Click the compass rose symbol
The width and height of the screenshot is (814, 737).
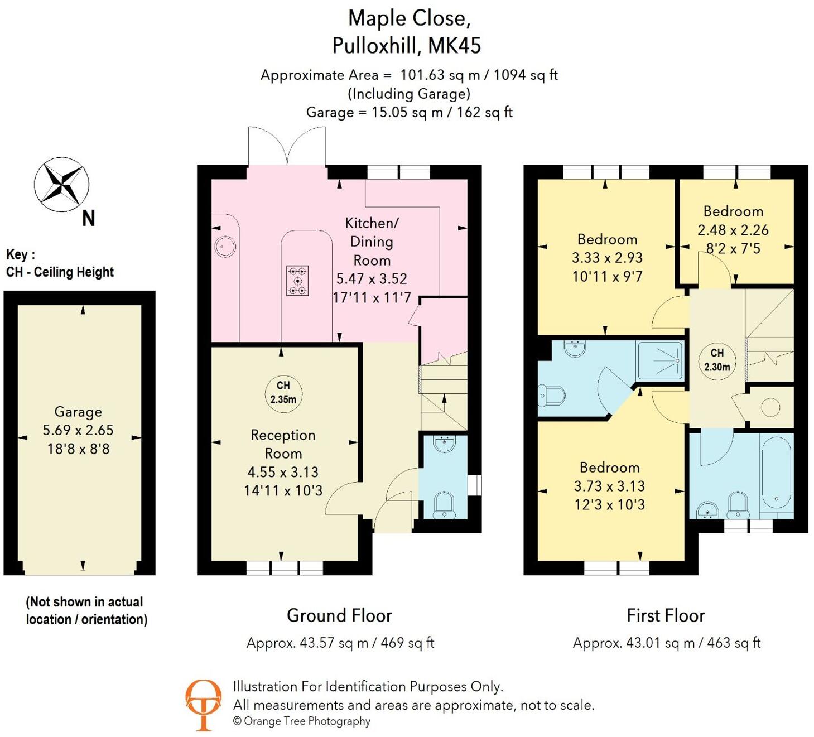61,185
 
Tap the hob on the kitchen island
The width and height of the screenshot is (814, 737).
297,280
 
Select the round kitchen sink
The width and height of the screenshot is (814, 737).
225,246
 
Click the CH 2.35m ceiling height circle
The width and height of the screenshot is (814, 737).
283,392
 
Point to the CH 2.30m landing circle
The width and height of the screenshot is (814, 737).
717,360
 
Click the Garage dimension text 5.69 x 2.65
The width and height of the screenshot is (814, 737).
78,430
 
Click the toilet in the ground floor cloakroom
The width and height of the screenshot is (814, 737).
444,504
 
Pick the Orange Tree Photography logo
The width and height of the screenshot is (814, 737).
203,704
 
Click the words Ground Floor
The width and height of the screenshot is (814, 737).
339,615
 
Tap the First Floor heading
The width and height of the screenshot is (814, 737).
666,615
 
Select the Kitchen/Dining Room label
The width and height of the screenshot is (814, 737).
372,242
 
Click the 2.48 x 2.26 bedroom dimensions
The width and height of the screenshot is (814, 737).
733,230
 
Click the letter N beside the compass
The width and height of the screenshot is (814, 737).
88,218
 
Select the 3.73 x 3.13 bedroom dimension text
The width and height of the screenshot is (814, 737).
609,486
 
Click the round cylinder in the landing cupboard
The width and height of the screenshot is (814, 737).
770,407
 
